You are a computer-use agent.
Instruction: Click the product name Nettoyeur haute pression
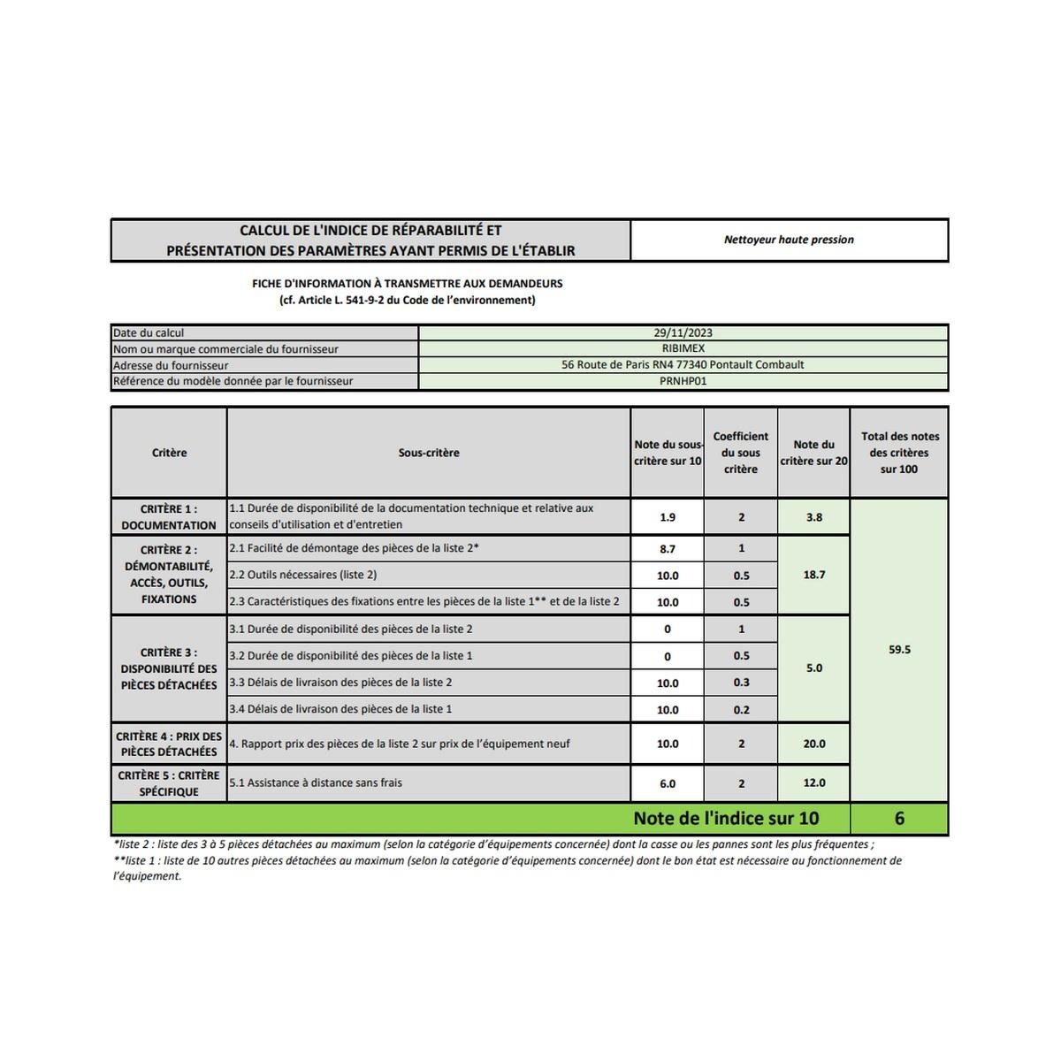(789, 240)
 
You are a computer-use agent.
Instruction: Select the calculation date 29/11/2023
(683, 333)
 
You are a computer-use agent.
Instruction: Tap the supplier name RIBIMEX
(683, 349)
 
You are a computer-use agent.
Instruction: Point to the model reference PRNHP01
(683, 381)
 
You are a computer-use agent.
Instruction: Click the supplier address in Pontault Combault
(683, 365)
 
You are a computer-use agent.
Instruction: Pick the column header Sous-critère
(429, 453)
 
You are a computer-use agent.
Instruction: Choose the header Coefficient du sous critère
(741, 453)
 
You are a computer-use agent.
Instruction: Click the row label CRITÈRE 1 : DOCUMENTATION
(169, 517)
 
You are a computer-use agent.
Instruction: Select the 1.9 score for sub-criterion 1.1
(668, 517)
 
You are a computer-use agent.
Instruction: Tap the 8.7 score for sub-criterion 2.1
(668, 549)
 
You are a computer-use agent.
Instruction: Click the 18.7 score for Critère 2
(814, 575)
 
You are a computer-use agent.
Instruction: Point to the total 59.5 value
(899, 650)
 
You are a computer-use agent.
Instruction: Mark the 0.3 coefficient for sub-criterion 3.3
(741, 683)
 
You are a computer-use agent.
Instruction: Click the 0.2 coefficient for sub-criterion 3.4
(741, 710)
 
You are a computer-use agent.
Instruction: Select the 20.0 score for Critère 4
(814, 744)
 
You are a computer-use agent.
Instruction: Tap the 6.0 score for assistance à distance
(668, 783)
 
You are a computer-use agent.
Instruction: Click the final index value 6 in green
(899, 819)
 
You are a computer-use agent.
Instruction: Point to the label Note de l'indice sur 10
(726, 819)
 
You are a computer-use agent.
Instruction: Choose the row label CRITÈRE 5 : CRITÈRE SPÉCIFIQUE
(169, 783)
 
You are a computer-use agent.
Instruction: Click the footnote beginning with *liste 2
(493, 844)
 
